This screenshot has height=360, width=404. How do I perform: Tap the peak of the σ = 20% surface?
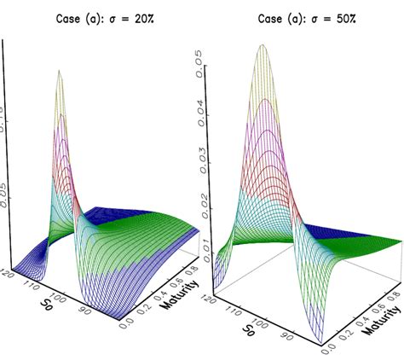(x=59, y=71)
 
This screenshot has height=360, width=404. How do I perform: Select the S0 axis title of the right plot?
(x=248, y=329)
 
